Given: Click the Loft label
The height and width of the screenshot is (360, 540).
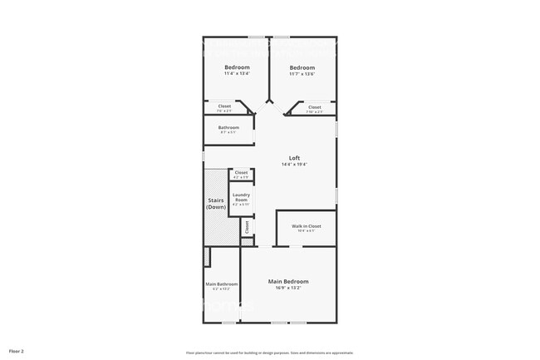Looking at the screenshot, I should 294,158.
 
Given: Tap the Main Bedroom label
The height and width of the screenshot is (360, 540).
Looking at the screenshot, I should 288,282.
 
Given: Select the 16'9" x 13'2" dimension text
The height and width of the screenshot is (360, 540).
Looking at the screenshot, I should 288,288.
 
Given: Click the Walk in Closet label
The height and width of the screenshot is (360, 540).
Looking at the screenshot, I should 306,226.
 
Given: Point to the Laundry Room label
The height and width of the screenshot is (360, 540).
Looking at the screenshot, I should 241,198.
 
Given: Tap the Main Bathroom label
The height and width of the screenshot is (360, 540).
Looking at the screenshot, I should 222,284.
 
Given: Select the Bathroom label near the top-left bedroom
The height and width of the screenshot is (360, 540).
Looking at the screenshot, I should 228,127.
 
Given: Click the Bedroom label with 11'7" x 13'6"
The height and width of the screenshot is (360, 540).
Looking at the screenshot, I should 302,67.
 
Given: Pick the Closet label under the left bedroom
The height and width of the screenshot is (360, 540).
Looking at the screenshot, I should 224,106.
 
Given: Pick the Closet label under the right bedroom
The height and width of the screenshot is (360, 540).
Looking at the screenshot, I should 314,106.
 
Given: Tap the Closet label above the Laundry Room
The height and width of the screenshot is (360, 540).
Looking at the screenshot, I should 241,172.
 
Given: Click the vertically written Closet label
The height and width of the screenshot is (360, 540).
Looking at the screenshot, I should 247,226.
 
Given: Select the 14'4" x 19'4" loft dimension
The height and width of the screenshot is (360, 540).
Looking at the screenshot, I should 294,165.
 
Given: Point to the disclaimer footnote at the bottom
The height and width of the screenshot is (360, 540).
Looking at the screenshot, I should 269,353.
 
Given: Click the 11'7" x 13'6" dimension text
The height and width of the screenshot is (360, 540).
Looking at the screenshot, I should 302,74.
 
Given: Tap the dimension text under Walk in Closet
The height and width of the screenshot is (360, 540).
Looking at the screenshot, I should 306,231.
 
